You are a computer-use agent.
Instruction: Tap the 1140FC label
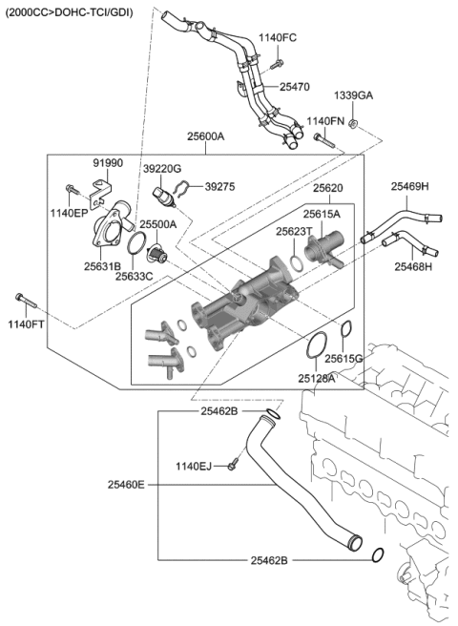tap(279, 37)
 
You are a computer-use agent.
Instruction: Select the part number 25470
tap(295, 87)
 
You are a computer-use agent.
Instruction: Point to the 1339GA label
tap(353, 96)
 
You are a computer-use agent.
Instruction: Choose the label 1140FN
tap(325, 121)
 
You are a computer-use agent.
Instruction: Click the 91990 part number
tap(108, 163)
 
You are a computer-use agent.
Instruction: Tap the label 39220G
tap(162, 168)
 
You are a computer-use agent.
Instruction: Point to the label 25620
tap(327, 189)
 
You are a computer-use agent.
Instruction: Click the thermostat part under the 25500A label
tap(156, 254)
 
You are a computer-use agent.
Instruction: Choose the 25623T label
tap(295, 231)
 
